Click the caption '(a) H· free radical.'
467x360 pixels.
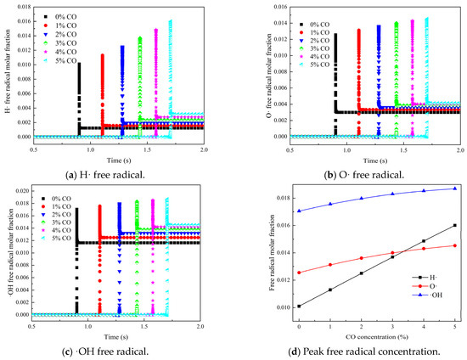tap(116, 175)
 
